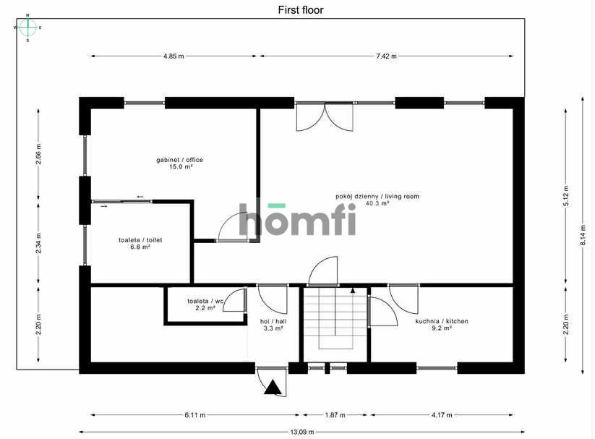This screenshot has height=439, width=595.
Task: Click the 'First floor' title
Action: (x=301, y=10)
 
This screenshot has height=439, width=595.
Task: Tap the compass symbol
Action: (x=27, y=27)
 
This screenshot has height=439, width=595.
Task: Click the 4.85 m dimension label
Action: (x=173, y=56)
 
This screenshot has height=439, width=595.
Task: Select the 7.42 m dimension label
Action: (x=386, y=56)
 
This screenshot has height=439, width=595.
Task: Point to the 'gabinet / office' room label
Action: (x=179, y=163)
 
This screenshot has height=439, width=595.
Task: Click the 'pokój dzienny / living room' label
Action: (x=377, y=200)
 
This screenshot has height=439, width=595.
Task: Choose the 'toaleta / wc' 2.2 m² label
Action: (x=205, y=304)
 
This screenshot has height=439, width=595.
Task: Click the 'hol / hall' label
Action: (x=272, y=324)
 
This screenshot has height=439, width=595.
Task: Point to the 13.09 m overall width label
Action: (x=301, y=432)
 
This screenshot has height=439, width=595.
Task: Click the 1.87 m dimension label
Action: (x=333, y=415)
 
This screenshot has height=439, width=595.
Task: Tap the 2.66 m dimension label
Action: (x=39, y=155)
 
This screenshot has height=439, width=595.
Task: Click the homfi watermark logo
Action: (x=297, y=219)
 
